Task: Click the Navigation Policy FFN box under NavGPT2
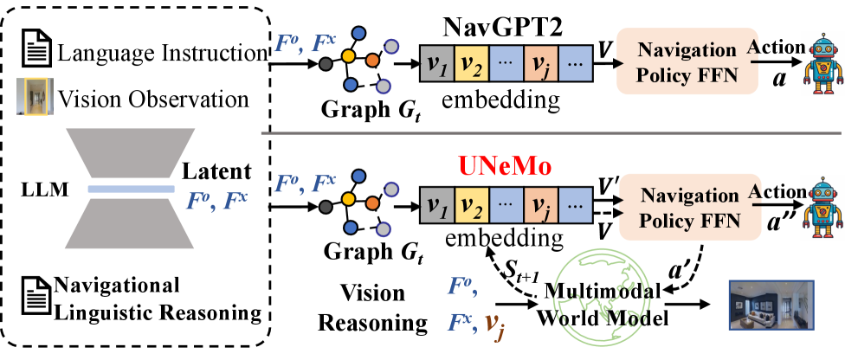[687, 61]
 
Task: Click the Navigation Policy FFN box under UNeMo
[690, 207]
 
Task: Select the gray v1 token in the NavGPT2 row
[437, 63]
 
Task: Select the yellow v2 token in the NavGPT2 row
[471, 63]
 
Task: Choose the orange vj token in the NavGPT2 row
[540, 63]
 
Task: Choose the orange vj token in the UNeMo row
[540, 205]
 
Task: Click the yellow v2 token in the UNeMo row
[471, 205]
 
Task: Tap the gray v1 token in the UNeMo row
[437, 205]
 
